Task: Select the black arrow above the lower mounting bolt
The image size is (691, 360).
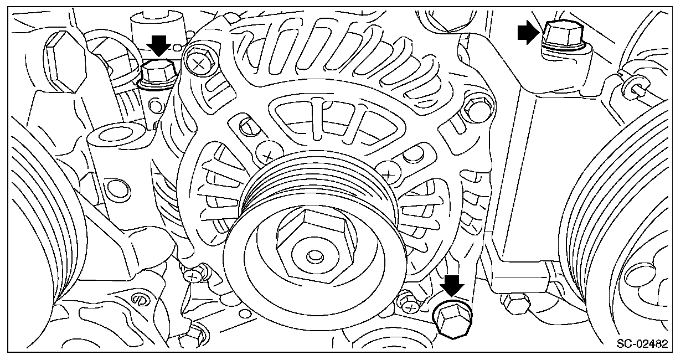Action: [x=452, y=286]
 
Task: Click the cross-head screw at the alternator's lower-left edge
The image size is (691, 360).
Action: [x=193, y=274]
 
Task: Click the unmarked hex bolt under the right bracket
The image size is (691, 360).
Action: [x=514, y=302]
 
